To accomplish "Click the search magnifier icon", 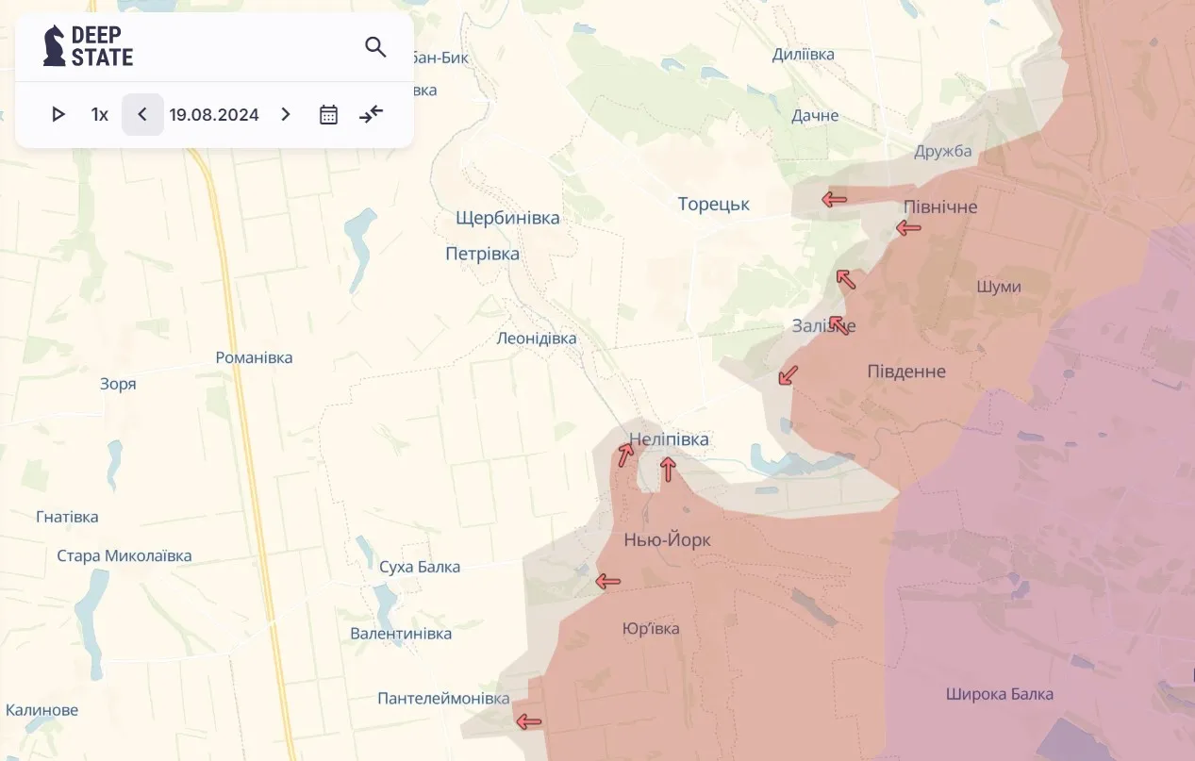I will pyautogui.click(x=375, y=47).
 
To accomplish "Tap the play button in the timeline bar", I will pyautogui.click(x=58, y=115).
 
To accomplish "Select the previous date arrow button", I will pyautogui.click(x=142, y=115).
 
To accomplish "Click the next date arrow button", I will pyautogui.click(x=286, y=115).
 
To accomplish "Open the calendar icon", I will pyautogui.click(x=328, y=115).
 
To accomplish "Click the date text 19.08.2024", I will pyautogui.click(x=214, y=115).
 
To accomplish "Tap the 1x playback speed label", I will pyautogui.click(x=100, y=115).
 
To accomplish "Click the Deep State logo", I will pyautogui.click(x=89, y=46).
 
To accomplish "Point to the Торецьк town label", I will pyautogui.click(x=714, y=205).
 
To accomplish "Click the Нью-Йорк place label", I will pyautogui.click(x=667, y=540).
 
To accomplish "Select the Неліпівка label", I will pyautogui.click(x=669, y=439).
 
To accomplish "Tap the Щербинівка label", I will pyautogui.click(x=507, y=218).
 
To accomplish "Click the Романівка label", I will pyautogui.click(x=254, y=358).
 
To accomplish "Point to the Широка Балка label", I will pyautogui.click(x=999, y=695).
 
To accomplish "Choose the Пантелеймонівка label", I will pyautogui.click(x=443, y=699).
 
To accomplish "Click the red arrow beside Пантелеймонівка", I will pyautogui.click(x=528, y=722).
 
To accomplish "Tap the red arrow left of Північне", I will pyautogui.click(x=908, y=227).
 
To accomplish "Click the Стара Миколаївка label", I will pyautogui.click(x=124, y=555).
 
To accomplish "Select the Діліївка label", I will pyautogui.click(x=803, y=55).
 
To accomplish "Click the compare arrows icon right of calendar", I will pyautogui.click(x=372, y=115).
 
